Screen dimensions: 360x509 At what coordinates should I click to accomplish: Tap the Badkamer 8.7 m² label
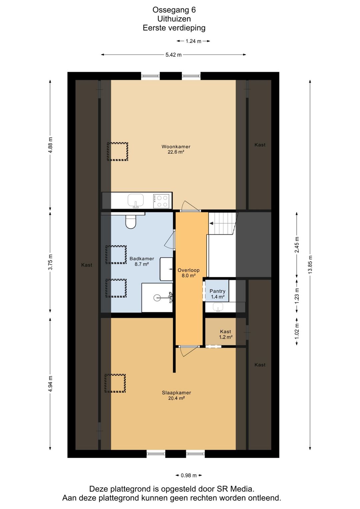[x=142, y=261]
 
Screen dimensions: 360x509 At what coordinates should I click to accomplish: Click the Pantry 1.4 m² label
[x=217, y=294]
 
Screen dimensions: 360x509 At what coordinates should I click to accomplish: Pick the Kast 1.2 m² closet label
[x=225, y=334]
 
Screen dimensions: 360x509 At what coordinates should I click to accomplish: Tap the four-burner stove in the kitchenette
[x=161, y=201]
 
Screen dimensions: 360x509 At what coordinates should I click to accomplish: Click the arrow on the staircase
[x=211, y=224]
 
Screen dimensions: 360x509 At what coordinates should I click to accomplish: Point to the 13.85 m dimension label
[x=310, y=264]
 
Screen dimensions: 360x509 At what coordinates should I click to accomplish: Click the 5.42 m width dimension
[x=173, y=55]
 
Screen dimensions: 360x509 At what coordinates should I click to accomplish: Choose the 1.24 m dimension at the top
[x=193, y=41]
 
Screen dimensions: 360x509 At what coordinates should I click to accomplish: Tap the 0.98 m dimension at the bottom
[x=189, y=475]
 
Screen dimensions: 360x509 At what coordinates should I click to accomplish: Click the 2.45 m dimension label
[x=297, y=245]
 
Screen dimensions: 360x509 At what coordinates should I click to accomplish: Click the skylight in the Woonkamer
[x=117, y=152]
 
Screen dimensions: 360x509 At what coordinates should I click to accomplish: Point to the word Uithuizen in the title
[x=174, y=19]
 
